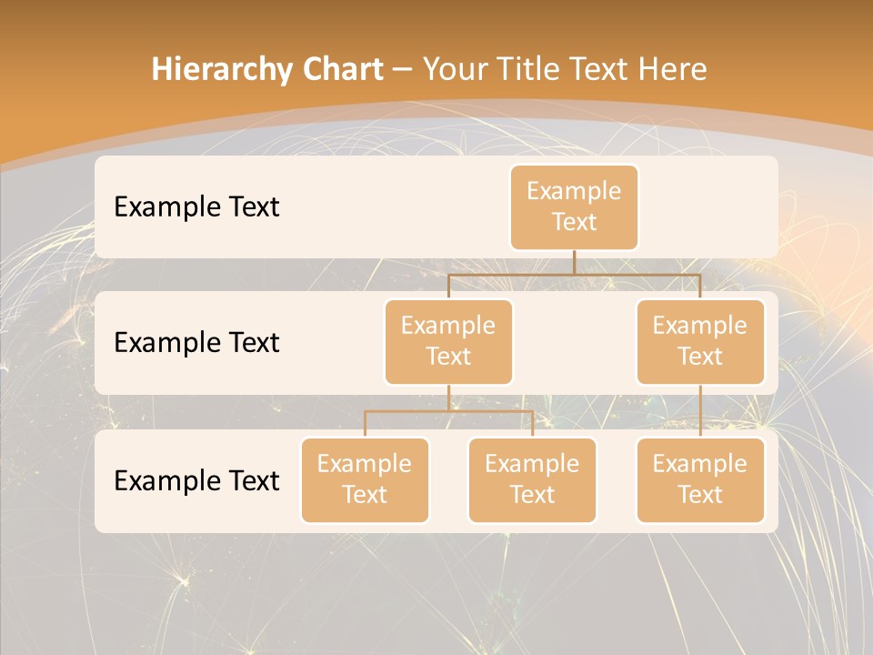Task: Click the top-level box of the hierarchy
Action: tap(574, 207)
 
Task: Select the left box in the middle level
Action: tap(448, 341)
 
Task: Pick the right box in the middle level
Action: tap(700, 341)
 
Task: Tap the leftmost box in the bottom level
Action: tap(365, 479)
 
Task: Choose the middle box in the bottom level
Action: tap(532, 479)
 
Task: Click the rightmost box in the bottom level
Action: tap(700, 479)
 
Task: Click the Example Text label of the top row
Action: tap(196, 207)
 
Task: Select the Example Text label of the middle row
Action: tap(196, 342)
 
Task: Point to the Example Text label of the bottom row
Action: tap(196, 480)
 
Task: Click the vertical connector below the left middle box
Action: tap(448, 398)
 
